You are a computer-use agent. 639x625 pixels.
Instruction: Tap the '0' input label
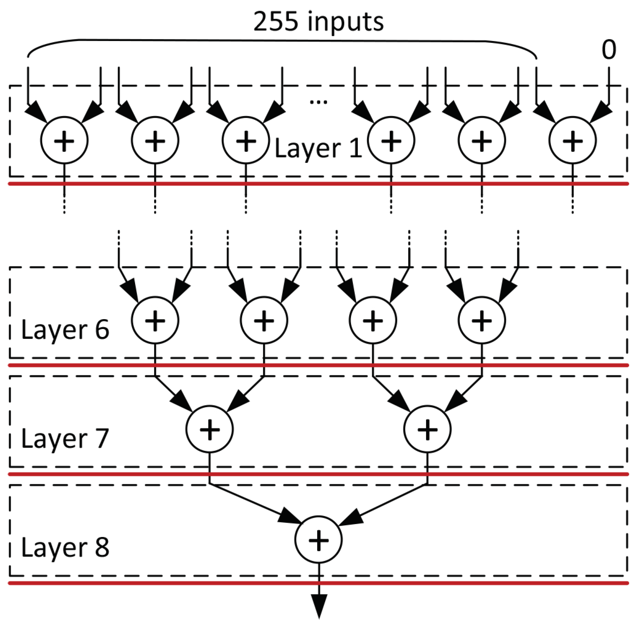pyautogui.click(x=608, y=50)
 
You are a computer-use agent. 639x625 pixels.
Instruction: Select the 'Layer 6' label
pyautogui.click(x=65, y=329)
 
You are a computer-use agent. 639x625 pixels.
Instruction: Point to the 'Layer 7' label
pyautogui.click(x=65, y=439)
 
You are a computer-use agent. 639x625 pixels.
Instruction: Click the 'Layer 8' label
pyautogui.click(x=65, y=548)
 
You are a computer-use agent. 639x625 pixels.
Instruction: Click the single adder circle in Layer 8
pyautogui.click(x=318, y=539)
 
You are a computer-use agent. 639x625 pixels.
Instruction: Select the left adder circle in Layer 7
pyautogui.click(x=209, y=429)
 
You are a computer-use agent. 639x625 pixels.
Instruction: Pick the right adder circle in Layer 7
pyautogui.click(x=428, y=429)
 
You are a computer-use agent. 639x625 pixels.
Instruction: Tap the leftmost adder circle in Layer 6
pyautogui.click(x=155, y=320)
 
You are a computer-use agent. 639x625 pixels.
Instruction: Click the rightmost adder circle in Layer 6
pyautogui.click(x=482, y=320)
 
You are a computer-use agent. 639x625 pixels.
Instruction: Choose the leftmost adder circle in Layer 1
pyautogui.click(x=64, y=140)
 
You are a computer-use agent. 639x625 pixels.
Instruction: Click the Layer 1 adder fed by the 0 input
pyautogui.click(x=572, y=140)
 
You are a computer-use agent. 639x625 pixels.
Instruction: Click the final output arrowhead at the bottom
pyautogui.click(x=319, y=607)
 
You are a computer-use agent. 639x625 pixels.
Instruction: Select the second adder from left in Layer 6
pyautogui.click(x=264, y=320)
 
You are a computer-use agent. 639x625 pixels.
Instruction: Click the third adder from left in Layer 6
pyautogui.click(x=373, y=320)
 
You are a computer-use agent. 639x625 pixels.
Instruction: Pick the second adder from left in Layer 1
pyautogui.click(x=155, y=140)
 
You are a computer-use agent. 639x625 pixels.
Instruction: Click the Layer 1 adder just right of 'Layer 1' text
pyautogui.click(x=391, y=140)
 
